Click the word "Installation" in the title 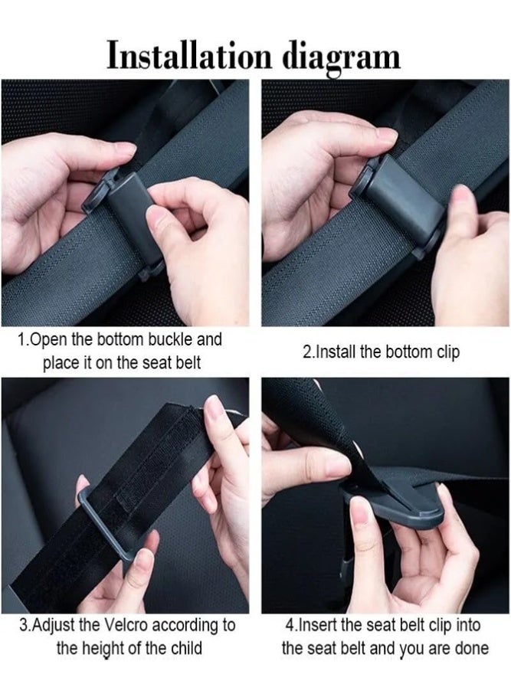(x=189, y=56)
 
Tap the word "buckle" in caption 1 (x=171, y=339)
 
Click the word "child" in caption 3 (x=187, y=648)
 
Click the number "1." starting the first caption (x=23, y=339)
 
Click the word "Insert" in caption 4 (x=317, y=624)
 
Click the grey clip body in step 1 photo (x=133, y=218)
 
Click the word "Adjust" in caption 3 (x=54, y=626)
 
